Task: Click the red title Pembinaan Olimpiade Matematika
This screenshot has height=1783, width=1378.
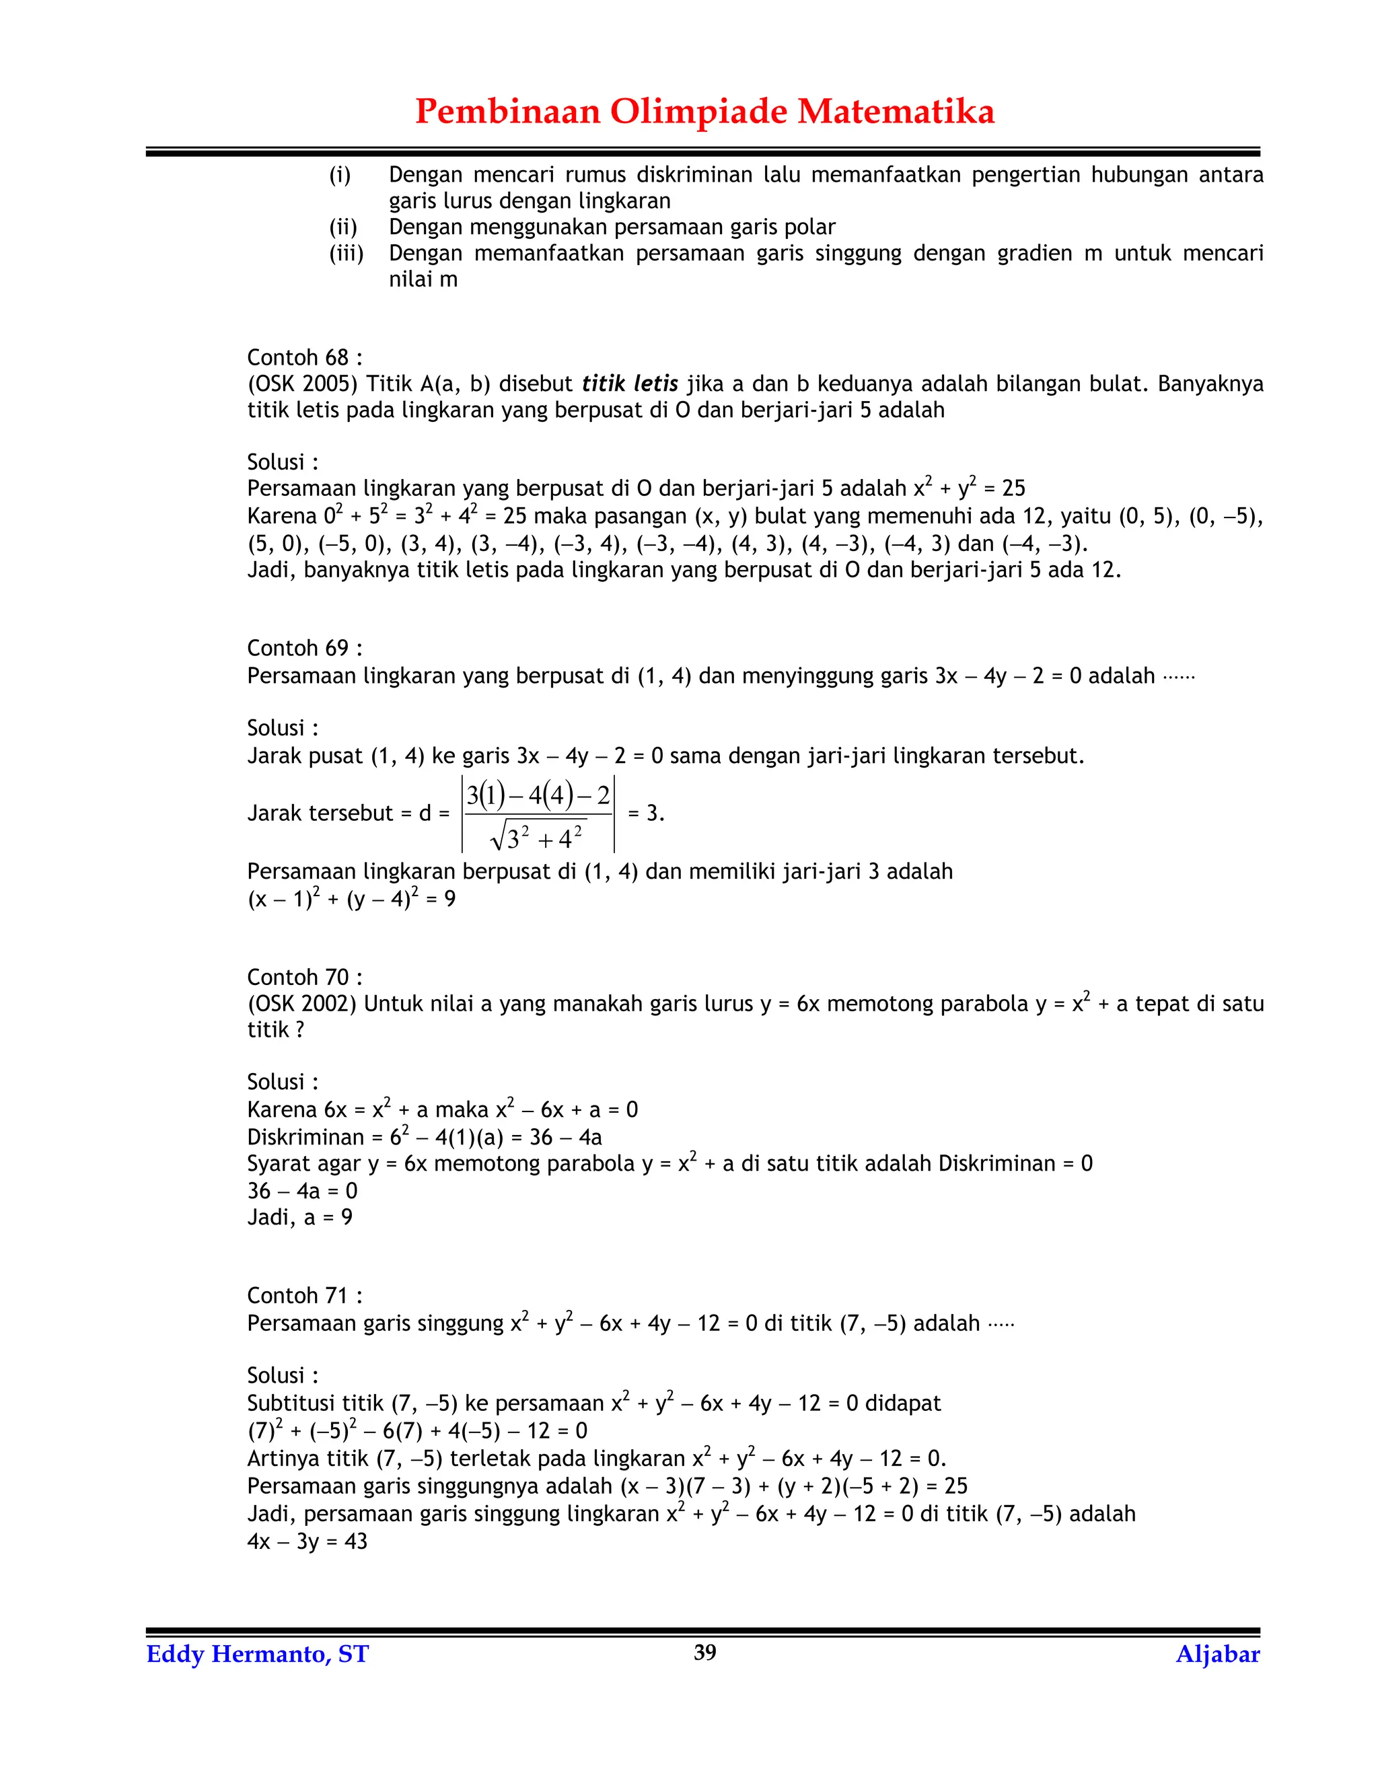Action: (704, 111)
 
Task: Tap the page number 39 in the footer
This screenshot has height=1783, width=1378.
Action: (704, 1652)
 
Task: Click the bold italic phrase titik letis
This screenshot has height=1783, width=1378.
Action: (629, 384)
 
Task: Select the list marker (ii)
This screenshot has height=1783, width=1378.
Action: (343, 227)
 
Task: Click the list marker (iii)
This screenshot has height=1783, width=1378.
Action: (346, 253)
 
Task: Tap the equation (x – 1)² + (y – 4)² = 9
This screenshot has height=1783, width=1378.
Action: (351, 899)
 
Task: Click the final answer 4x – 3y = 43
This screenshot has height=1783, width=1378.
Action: (307, 1541)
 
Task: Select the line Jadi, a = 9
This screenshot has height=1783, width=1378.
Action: (299, 1217)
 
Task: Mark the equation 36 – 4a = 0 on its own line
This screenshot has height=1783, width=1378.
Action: (302, 1191)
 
